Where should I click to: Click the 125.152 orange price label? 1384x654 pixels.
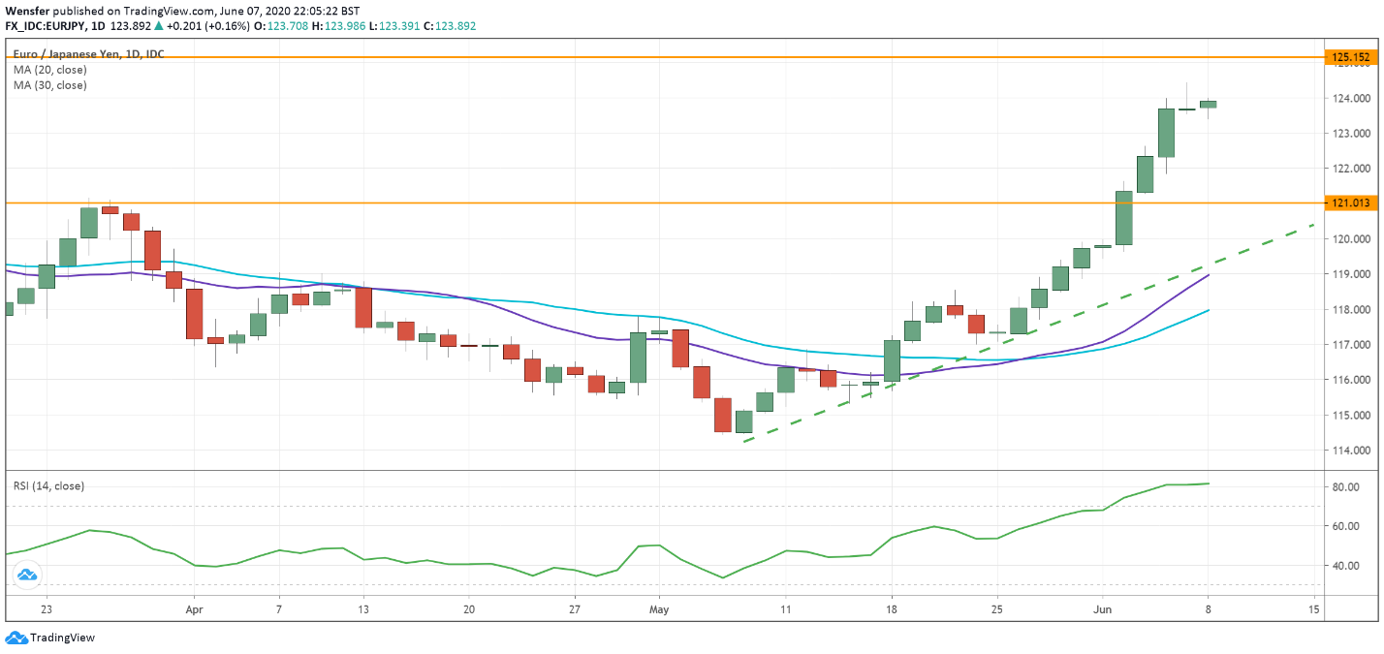1351,58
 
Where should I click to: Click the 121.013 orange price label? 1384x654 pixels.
1351,203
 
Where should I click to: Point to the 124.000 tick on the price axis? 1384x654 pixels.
1351,99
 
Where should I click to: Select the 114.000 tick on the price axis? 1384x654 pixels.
1351,451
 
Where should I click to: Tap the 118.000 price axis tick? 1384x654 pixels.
1351,310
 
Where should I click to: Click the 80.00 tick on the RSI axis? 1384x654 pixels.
1344,487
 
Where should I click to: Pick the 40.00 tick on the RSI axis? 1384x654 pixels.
1344,566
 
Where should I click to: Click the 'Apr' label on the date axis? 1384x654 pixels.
194,610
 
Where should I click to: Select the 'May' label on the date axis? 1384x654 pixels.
659,610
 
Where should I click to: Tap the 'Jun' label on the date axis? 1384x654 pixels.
1101,610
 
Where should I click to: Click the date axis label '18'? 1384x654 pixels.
891,610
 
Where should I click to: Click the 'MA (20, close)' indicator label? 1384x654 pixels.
49,70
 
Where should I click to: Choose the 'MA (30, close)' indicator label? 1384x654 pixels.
49,85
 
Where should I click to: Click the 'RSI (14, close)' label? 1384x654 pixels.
48,485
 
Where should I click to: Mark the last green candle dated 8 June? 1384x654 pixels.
1208,105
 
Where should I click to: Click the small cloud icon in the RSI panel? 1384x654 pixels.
26,576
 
